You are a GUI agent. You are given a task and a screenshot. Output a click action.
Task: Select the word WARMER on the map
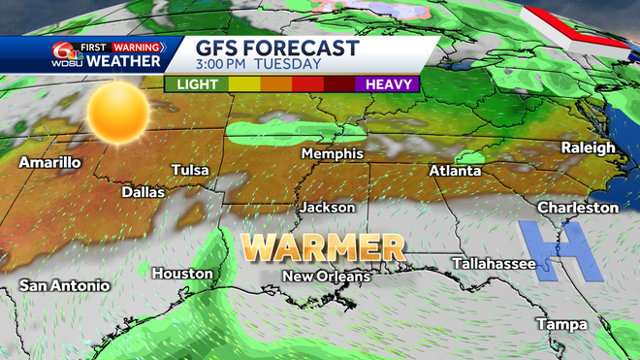(323, 247)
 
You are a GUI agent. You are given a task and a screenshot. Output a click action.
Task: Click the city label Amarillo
(48, 162)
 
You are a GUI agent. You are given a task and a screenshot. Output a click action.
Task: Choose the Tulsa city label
(190, 170)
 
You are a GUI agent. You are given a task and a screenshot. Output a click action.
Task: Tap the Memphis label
(332, 154)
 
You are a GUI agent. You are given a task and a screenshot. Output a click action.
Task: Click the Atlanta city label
(455, 171)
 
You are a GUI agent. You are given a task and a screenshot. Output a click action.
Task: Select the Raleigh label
(588, 147)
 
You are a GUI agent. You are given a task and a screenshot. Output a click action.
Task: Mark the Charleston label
(577, 208)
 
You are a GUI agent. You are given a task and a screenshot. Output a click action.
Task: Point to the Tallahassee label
(496, 263)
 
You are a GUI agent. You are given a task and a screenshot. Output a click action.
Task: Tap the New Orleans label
(326, 278)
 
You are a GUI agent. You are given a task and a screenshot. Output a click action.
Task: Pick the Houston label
(181, 274)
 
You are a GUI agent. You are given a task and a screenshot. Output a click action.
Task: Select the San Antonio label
(65, 285)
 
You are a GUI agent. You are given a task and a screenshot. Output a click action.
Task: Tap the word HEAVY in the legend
(388, 83)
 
